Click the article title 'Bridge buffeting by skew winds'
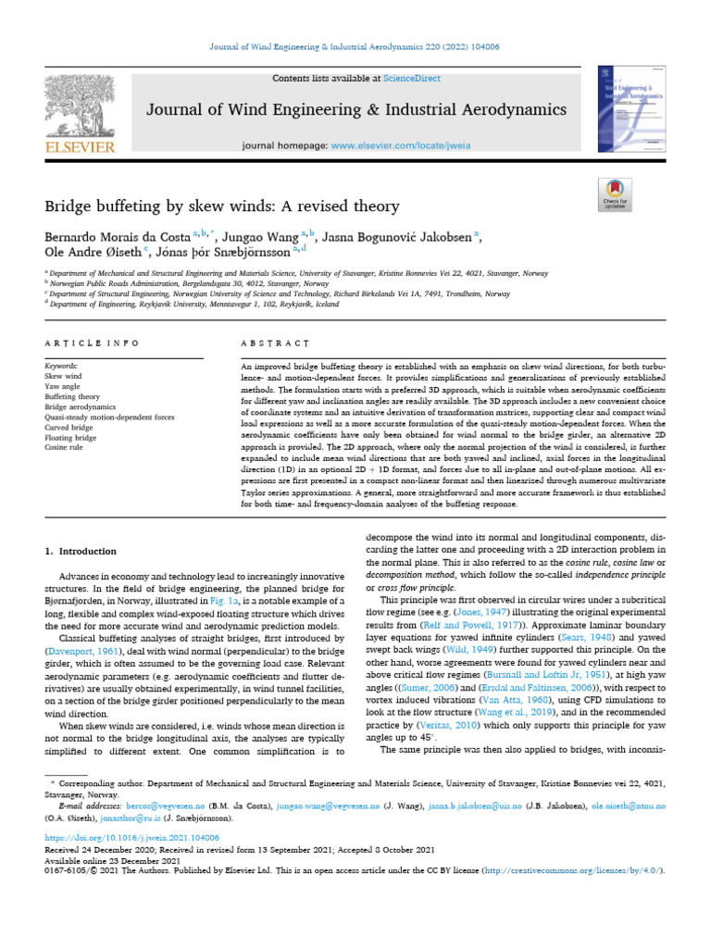tap(222, 206)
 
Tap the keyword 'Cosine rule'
tap(65, 448)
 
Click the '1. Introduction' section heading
tap(81, 552)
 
